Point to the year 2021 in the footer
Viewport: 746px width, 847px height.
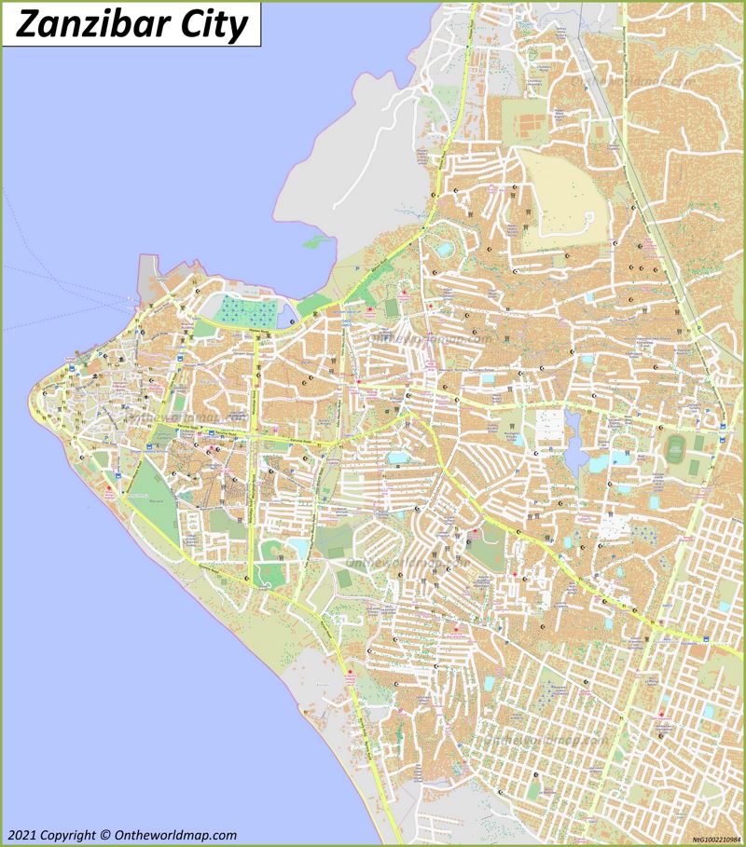(x=23, y=835)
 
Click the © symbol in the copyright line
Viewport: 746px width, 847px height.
(x=104, y=835)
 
